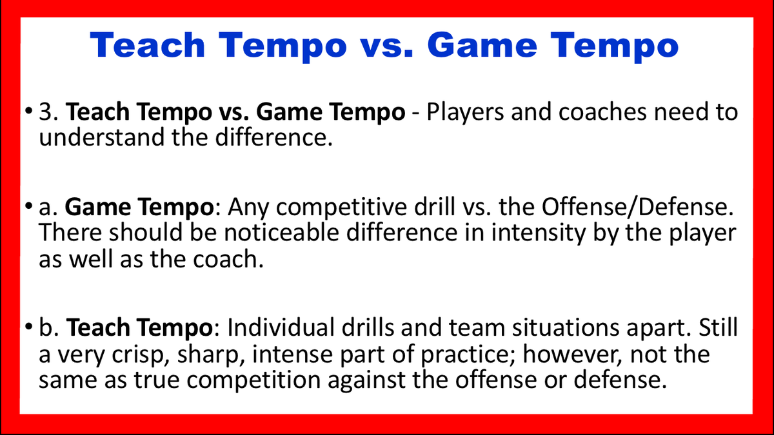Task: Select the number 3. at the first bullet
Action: coord(52,112)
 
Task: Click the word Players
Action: coord(471,112)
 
